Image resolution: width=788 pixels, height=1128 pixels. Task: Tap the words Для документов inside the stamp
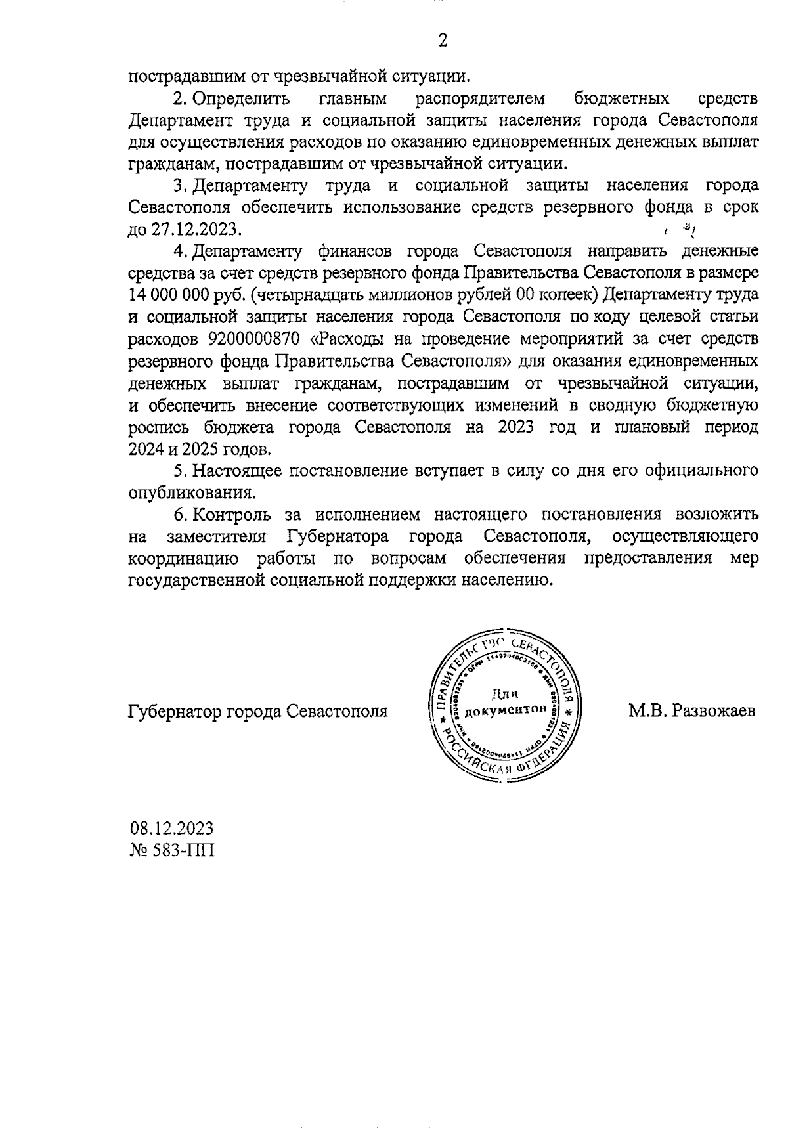tap(504, 703)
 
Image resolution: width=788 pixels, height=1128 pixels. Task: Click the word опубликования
tap(190, 492)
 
